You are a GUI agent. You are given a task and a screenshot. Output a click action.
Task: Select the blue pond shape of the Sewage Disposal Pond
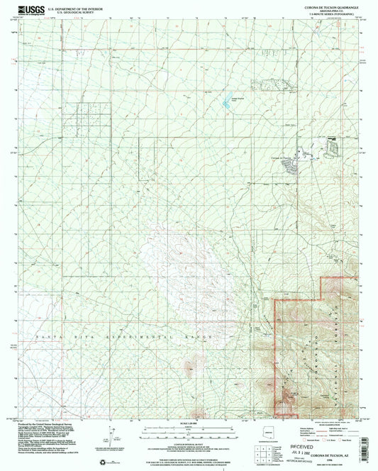tap(228, 104)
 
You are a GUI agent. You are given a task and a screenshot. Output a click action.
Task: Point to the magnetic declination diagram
tap(107, 434)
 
